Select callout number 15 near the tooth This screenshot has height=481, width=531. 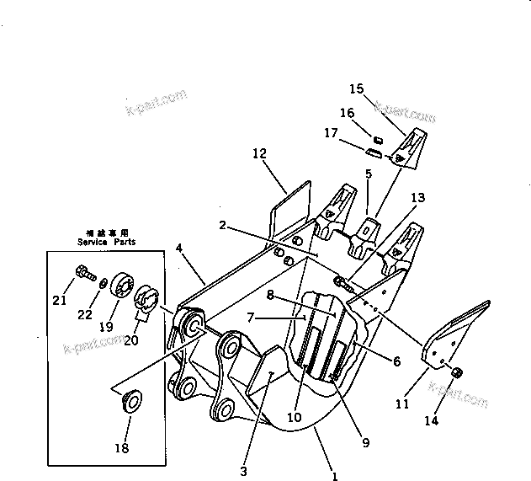[x=356, y=88]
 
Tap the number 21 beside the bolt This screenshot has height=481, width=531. [x=58, y=301]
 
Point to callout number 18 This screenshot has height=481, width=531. [x=122, y=448]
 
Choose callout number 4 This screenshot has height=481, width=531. [x=179, y=248]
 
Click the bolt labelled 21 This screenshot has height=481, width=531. [x=82, y=272]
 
